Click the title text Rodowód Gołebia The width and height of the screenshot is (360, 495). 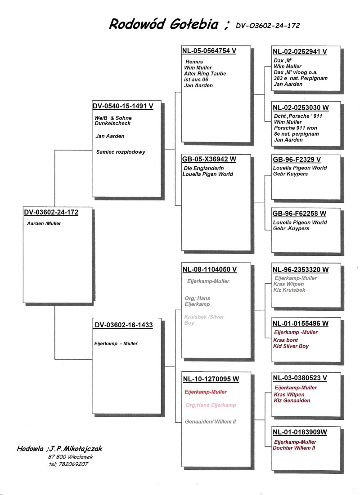[164, 24]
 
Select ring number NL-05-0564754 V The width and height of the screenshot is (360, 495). [209, 51]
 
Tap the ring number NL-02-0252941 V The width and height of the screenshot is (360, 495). [300, 52]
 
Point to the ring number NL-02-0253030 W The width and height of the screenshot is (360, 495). [301, 108]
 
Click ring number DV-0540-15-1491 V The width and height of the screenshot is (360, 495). [123, 107]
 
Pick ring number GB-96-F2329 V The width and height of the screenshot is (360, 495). [297, 160]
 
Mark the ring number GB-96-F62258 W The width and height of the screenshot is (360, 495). [300, 214]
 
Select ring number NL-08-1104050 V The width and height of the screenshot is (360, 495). [209, 270]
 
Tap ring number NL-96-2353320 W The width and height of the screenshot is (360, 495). [301, 270]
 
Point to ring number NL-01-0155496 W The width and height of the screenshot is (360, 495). [301, 324]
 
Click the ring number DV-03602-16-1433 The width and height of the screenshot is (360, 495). [124, 325]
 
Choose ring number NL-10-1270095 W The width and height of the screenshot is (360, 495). [211, 379]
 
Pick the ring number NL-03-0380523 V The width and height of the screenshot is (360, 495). [300, 379]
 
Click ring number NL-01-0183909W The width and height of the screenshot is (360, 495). [300, 433]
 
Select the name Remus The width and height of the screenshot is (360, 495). [194, 62]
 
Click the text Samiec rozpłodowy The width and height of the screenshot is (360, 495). [121, 152]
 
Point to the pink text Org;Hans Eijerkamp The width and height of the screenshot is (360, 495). [211, 406]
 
